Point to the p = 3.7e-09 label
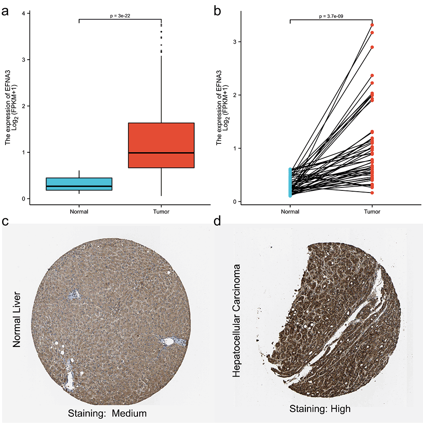tap(331, 16)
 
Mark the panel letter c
tap(5, 221)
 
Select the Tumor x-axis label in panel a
tap(161, 212)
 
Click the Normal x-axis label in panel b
tap(291, 212)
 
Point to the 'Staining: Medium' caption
tap(107, 413)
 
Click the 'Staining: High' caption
tap(320, 409)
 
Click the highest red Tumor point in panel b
tap(372, 25)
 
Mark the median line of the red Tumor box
tap(161, 153)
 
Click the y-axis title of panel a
tap(10, 107)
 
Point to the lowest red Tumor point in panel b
tap(372, 192)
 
